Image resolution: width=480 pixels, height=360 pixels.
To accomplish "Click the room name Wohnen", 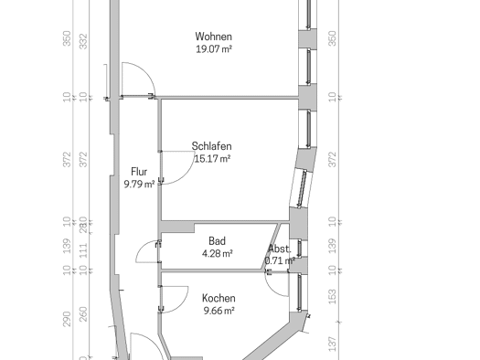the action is pyautogui.click(x=213, y=37).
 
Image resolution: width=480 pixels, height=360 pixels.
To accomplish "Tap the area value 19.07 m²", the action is pyautogui.click(x=214, y=49).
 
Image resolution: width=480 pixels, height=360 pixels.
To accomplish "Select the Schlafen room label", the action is pyautogui.click(x=211, y=146).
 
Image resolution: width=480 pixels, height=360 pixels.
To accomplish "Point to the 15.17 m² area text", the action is pyautogui.click(x=212, y=159).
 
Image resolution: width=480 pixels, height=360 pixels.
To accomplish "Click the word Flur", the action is pyautogui.click(x=139, y=172).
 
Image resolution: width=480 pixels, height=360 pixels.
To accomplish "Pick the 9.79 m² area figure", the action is pyautogui.click(x=139, y=185).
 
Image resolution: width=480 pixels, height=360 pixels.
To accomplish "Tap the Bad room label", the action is pyautogui.click(x=217, y=241).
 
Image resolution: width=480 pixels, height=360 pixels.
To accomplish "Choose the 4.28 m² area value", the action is pyautogui.click(x=218, y=254).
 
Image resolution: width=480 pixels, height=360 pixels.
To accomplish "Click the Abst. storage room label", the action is pyautogui.click(x=279, y=249).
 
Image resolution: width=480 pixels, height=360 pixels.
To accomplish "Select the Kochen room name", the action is pyautogui.click(x=219, y=298).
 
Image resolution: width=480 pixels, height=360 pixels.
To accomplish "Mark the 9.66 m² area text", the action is pyautogui.click(x=219, y=311).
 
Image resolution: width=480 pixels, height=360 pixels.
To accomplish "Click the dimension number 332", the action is pyautogui.click(x=83, y=41).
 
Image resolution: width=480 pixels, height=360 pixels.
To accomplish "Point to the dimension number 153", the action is pyautogui.click(x=332, y=297).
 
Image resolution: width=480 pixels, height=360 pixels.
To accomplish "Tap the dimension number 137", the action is pyautogui.click(x=332, y=344).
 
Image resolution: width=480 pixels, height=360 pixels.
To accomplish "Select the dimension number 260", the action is pyautogui.click(x=83, y=314).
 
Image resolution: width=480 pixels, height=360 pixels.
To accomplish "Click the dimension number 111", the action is pyautogui.click(x=83, y=249).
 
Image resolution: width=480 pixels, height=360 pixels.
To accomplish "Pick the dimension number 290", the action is pyautogui.click(x=67, y=319).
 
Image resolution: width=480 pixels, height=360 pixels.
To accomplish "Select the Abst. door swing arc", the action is pyautogui.click(x=271, y=289).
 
